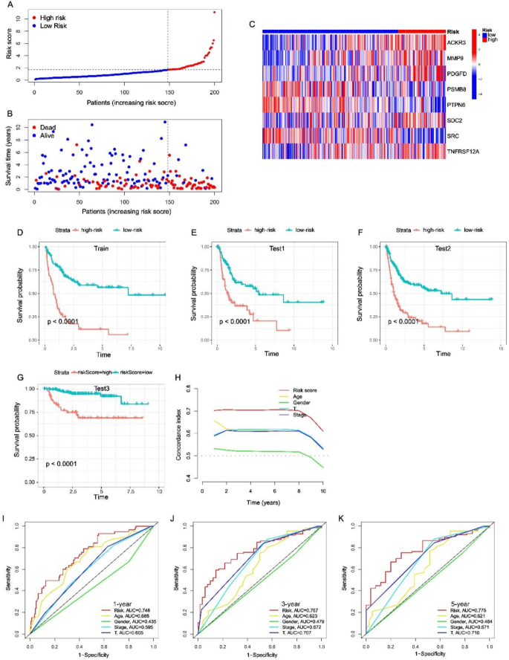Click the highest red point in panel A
click(x=215, y=12)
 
